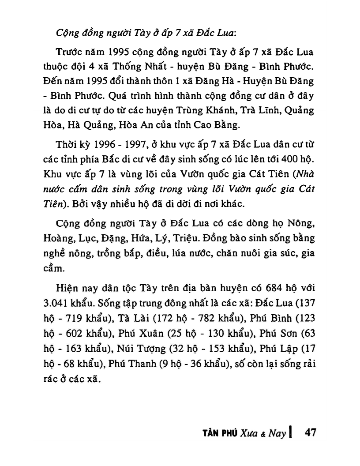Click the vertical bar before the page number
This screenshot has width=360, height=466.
pos(292,432)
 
